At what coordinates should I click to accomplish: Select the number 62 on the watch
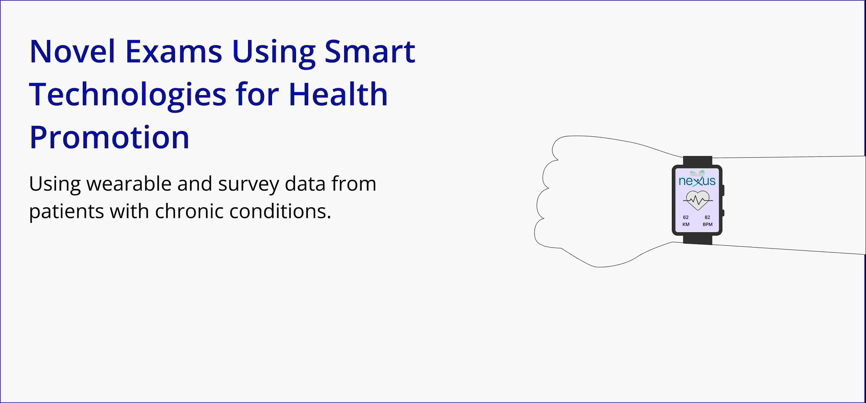click(686, 217)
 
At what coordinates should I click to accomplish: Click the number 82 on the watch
click(707, 217)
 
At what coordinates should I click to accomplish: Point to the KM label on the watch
click(686, 224)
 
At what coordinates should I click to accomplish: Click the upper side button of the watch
click(723, 190)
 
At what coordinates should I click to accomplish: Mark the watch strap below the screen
click(698, 240)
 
